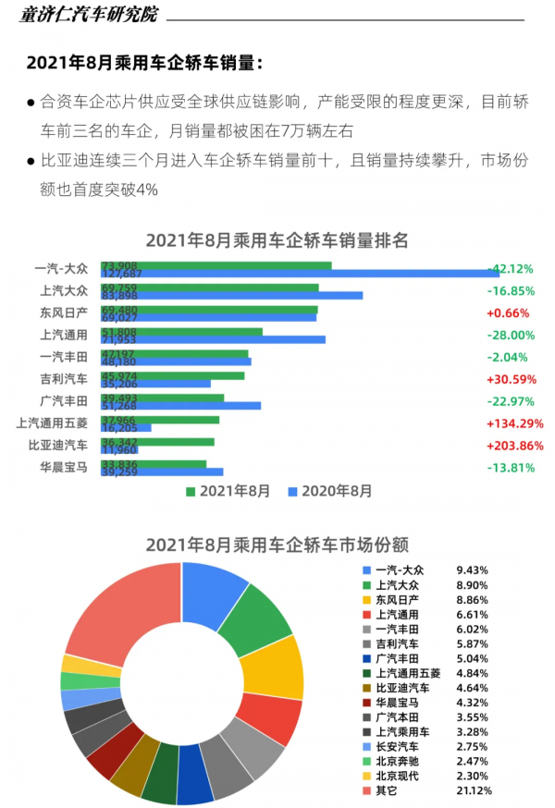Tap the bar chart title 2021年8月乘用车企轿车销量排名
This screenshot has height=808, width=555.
click(x=277, y=240)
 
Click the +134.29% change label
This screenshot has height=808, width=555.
click(x=511, y=424)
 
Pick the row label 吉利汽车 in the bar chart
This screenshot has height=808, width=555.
click(x=65, y=379)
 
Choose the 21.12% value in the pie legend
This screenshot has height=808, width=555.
click(x=474, y=790)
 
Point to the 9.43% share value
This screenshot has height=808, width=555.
click(x=472, y=570)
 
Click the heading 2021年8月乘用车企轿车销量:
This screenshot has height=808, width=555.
click(x=144, y=63)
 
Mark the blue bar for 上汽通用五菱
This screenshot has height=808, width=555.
click(x=126, y=428)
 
